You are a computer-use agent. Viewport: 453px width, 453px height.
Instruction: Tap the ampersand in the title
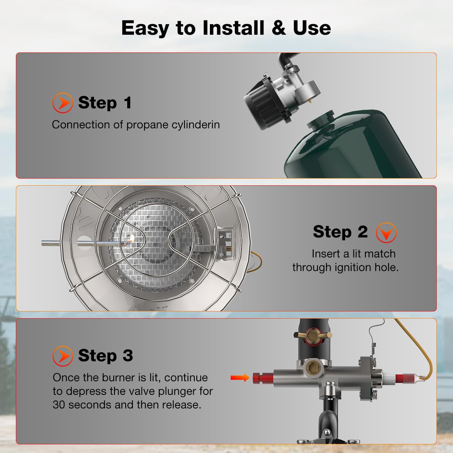tap(279, 28)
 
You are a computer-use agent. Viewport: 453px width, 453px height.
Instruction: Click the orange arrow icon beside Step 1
tap(62, 103)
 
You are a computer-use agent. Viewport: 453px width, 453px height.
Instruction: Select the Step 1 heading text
tap(105, 103)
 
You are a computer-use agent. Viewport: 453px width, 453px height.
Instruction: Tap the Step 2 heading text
tap(340, 232)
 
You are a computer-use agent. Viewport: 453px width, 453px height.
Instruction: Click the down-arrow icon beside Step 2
tap(386, 233)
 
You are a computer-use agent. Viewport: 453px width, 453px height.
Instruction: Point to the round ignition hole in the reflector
tap(84, 242)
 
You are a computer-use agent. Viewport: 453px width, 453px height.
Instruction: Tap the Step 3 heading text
tap(105, 356)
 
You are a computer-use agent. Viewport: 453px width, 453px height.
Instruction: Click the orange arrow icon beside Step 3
tap(62, 356)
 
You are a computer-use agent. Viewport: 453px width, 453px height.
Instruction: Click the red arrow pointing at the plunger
tap(240, 377)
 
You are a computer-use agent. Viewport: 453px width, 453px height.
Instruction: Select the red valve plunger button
tap(259, 377)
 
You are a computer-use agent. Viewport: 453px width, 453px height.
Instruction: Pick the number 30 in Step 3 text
tap(59, 405)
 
